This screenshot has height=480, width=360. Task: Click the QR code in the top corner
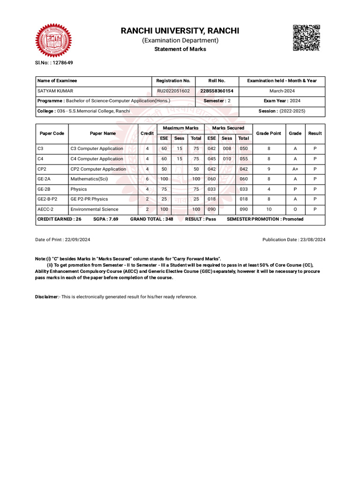tap(306, 37)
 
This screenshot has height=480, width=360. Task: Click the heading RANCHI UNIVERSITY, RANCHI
tap(180, 31)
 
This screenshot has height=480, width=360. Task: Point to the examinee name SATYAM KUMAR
tap(55, 91)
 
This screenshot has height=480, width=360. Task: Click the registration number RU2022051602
tap(173, 91)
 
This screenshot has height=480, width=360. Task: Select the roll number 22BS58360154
tap(217, 91)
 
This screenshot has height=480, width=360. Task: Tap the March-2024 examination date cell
tap(282, 91)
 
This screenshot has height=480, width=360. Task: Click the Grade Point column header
tap(269, 133)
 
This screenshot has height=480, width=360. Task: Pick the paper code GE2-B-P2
tap(47, 199)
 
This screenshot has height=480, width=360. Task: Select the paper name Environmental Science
tap(94, 209)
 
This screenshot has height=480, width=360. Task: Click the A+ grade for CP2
tap(295, 169)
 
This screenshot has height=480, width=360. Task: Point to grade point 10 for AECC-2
tap(269, 209)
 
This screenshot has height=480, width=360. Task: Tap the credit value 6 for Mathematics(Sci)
tap(147, 179)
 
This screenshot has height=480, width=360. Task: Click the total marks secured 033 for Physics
tap(243, 189)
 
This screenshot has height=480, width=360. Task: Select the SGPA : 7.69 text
tap(105, 219)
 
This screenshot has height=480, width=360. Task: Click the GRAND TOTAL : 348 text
tap(151, 219)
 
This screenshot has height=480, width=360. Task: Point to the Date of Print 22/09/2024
tap(63, 240)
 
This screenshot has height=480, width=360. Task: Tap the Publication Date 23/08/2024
tap(294, 240)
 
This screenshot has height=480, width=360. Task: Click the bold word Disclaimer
tap(46, 297)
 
